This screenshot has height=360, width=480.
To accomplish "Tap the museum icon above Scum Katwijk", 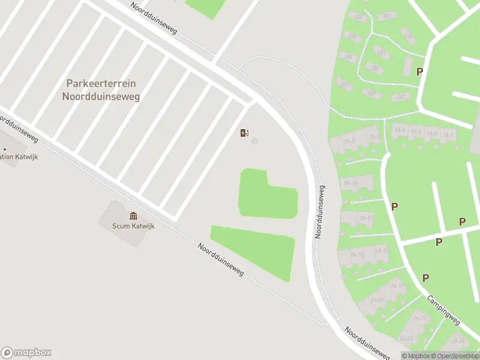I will pyautogui.click(x=133, y=216).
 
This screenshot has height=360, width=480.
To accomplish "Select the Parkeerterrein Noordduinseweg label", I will pyautogui.click(x=101, y=90).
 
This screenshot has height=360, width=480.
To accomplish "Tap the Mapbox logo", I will pyautogui.click(x=26, y=353).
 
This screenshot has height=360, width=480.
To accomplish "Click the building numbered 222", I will pyautogui.click(x=386, y=16).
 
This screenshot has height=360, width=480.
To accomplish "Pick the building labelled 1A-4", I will pyautogui.click(x=400, y=130).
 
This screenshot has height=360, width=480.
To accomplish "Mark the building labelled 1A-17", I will pyautogui.click(x=397, y=286).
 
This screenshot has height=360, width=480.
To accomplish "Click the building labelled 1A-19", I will pyautogui.click(x=377, y=300).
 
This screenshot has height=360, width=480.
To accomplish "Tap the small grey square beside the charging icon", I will pyautogui.click(x=254, y=141).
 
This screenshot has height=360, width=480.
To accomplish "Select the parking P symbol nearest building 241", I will pyautogui.click(x=420, y=71).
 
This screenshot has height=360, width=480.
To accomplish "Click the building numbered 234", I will pyautogui.click(x=358, y=17).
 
